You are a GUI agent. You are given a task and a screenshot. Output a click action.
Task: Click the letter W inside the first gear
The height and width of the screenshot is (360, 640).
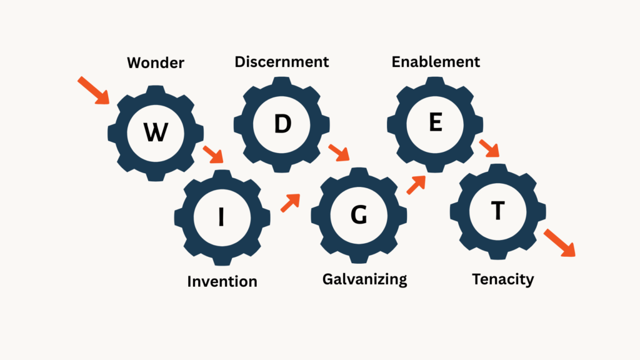point(155,132)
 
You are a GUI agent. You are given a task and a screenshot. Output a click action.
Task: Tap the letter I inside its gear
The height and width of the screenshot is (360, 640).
point(221,216)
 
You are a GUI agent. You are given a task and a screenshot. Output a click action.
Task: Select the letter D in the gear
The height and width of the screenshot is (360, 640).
point(282,124)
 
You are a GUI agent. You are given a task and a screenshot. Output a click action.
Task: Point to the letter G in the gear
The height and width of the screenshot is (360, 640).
point(358,215)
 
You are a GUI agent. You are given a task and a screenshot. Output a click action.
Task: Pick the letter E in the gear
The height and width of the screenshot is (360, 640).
point(435,123)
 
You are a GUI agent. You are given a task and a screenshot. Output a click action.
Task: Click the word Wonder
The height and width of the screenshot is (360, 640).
point(156,63)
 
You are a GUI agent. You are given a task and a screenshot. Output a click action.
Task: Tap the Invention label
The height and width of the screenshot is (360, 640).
point(222,281)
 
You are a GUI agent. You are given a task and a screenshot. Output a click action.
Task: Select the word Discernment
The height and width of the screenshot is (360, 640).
point(281,62)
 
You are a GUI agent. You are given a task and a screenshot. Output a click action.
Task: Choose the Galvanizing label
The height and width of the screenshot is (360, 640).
point(364,279)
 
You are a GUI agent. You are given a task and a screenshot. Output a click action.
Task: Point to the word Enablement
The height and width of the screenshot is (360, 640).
point(436,62)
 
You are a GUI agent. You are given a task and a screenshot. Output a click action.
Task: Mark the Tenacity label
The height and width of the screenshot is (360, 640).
point(503,279)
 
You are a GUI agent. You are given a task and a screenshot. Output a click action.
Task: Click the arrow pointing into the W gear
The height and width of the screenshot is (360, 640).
point(93,90)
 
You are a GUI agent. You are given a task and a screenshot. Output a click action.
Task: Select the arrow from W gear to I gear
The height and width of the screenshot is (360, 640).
point(212,154)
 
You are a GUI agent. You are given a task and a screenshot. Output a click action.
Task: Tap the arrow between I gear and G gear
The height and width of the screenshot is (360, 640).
point(290,202)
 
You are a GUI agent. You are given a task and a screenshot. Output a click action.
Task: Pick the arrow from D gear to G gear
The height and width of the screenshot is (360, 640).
point(339,152)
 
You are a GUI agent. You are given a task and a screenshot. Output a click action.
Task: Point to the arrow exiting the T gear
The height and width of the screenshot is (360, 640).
point(558,242)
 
